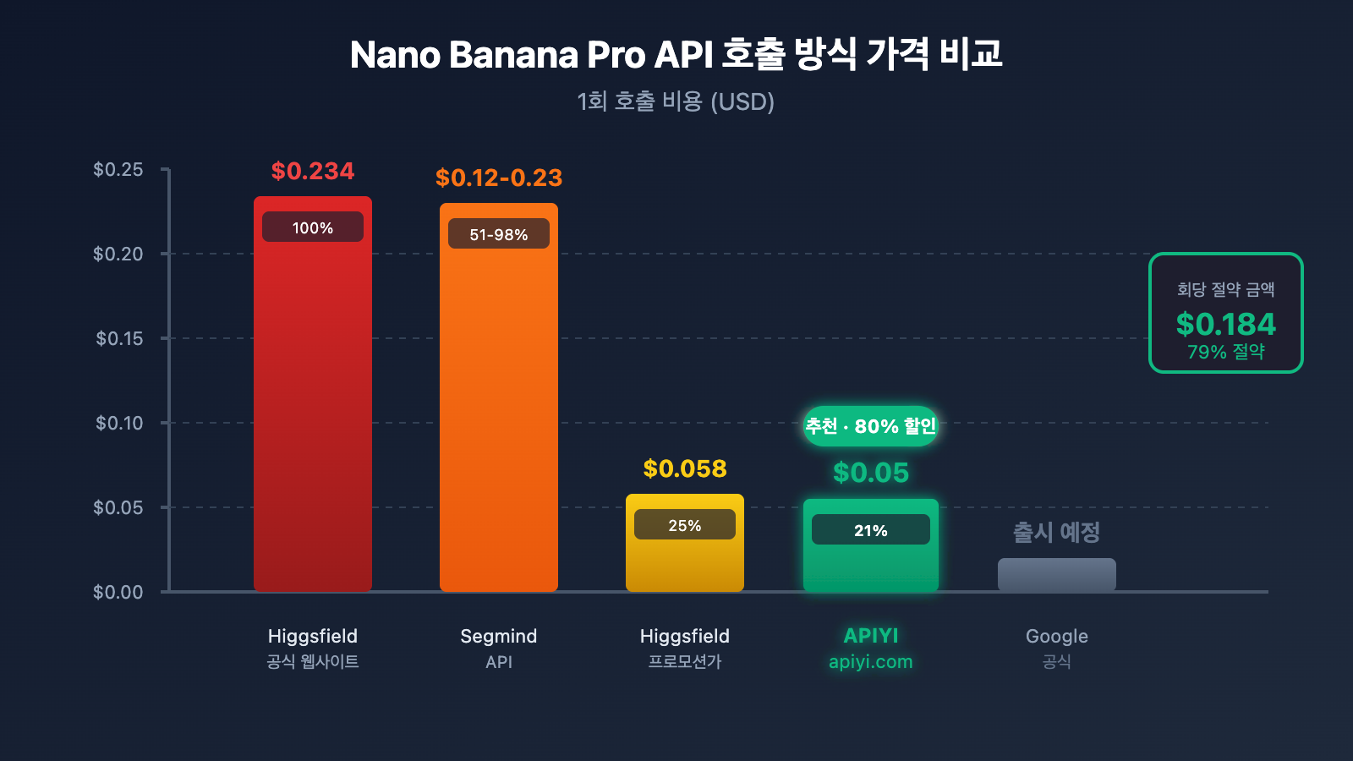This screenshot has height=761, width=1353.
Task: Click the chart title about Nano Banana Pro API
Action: coord(676,55)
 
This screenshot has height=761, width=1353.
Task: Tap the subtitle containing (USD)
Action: coord(676,101)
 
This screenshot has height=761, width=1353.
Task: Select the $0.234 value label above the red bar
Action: coord(313,171)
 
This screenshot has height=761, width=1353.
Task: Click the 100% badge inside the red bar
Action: coord(313,227)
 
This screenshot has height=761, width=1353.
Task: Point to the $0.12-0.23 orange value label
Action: coord(499,178)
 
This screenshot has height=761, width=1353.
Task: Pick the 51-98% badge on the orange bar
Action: coord(499,234)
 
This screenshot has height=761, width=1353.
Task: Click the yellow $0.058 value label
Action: coord(685,468)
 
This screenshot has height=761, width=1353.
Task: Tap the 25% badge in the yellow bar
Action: coord(685,525)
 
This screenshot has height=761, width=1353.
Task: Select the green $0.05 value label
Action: coord(871,473)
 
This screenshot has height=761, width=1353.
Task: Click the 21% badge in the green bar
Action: coord(871,530)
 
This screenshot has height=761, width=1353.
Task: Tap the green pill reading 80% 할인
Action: coord(871,425)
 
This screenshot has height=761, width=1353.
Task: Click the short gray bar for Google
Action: coord(1057,575)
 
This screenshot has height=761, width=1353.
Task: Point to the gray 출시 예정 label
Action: coord(1057,532)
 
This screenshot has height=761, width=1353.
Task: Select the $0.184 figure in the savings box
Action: coord(1226,324)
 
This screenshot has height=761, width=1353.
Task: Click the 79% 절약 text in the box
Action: coord(1226,352)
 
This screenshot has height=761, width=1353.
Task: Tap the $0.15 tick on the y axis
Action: coord(119,338)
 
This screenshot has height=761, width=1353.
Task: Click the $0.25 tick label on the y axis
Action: coord(118,169)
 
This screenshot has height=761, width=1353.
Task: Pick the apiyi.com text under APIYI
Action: coord(871,662)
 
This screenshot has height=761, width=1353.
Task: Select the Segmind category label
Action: coord(499,636)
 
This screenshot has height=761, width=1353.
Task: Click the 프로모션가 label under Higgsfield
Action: coord(685,662)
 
